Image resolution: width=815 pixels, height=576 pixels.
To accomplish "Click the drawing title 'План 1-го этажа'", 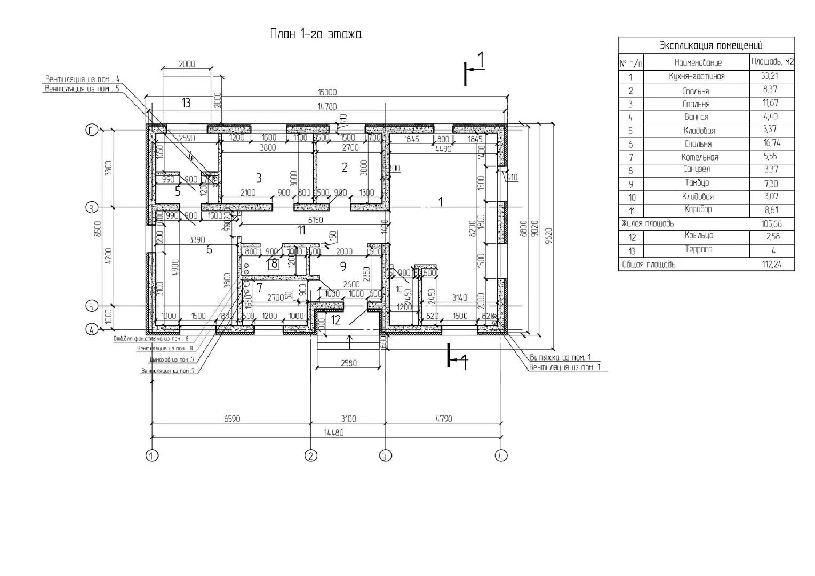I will coord(316,35).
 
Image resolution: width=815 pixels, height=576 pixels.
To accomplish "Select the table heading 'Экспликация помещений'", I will coord(710,45).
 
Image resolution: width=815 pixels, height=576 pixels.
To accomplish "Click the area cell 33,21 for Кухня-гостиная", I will coord(772,76).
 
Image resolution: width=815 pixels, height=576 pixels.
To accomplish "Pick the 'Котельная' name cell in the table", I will coord(699,157).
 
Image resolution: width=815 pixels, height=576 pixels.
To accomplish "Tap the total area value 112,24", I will coord(772,265).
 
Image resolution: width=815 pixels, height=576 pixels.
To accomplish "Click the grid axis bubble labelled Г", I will coord(92,130).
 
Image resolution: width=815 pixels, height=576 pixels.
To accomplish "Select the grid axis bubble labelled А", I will coord(92,331).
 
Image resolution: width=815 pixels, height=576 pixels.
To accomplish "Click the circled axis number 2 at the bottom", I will coord(310,455).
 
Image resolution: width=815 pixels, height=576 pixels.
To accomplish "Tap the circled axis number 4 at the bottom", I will coord(501,455).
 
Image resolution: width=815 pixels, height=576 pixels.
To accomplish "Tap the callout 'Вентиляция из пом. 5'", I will coord(82,89).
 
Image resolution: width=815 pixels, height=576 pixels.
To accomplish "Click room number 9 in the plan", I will coord(343,265).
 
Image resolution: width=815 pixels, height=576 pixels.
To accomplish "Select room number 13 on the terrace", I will coord(186,102).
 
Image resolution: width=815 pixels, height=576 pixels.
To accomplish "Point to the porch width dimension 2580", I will coord(350,364).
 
